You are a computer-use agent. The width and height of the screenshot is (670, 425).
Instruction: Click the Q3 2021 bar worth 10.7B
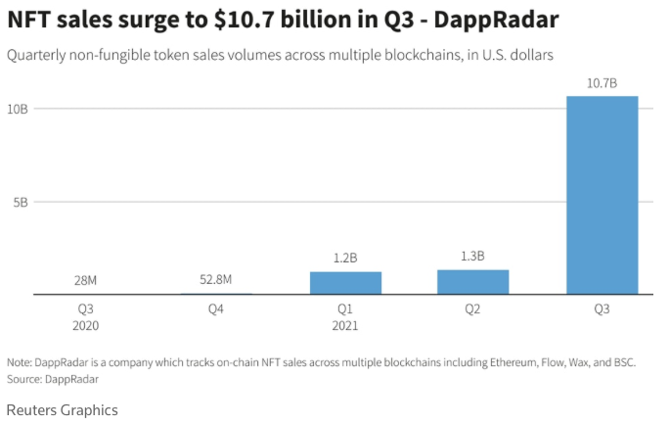[x=602, y=195]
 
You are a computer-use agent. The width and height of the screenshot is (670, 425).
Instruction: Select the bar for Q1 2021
[x=345, y=283]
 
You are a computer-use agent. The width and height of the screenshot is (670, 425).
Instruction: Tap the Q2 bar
[x=472, y=282]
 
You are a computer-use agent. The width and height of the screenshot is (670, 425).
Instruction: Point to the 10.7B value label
[x=602, y=83]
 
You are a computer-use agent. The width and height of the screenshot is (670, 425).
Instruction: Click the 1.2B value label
[x=345, y=258]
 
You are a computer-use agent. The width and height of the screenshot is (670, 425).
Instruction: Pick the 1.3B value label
[x=472, y=256]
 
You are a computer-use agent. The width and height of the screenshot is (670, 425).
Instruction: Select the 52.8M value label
[x=215, y=280]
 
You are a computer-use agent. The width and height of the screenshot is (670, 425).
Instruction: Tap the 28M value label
[x=86, y=281]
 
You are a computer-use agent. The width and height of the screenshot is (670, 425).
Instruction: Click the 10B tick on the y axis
[x=18, y=108]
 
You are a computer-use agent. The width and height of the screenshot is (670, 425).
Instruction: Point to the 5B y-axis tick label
[x=20, y=203]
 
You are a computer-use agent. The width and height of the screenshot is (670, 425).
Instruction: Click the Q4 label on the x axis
[x=215, y=308]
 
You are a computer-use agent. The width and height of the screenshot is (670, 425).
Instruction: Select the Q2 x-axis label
[x=472, y=308]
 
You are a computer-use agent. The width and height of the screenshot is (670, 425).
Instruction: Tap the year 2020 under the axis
[x=86, y=325]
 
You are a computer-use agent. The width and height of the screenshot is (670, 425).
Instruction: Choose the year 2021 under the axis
[x=345, y=325]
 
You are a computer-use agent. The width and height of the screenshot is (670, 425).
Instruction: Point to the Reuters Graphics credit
[x=62, y=409]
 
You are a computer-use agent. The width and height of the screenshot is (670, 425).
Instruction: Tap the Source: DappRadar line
[x=53, y=378]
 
